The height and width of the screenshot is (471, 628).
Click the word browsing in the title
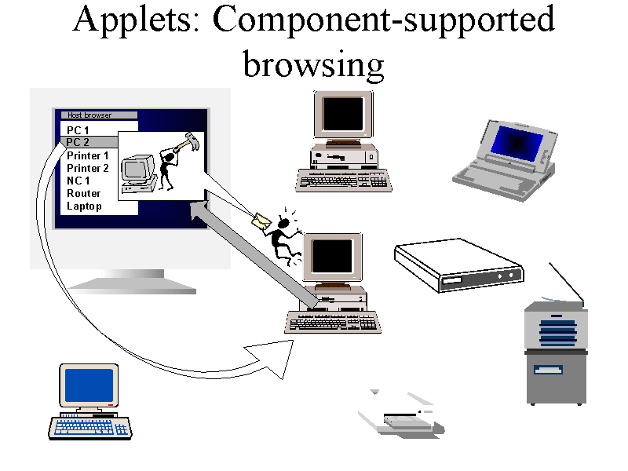point(313,65)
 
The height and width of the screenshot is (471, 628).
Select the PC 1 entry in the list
point(78,130)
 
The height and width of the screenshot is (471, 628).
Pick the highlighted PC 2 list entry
point(78,142)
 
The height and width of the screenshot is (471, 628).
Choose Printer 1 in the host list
point(88,155)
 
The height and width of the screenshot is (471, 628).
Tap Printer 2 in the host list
point(88,168)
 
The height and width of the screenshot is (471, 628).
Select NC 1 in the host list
point(78,181)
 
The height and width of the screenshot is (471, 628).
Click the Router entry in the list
point(84,193)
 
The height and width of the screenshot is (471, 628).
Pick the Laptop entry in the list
point(84,206)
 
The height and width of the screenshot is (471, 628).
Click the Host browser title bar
point(99,115)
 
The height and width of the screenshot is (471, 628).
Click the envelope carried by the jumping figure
point(261,221)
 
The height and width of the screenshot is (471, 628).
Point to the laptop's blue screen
point(517,143)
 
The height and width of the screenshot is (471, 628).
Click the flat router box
point(459,265)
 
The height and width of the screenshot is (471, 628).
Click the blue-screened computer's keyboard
point(90,428)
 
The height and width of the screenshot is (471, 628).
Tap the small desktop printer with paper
point(401,414)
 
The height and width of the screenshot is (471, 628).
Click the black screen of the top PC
point(343,114)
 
